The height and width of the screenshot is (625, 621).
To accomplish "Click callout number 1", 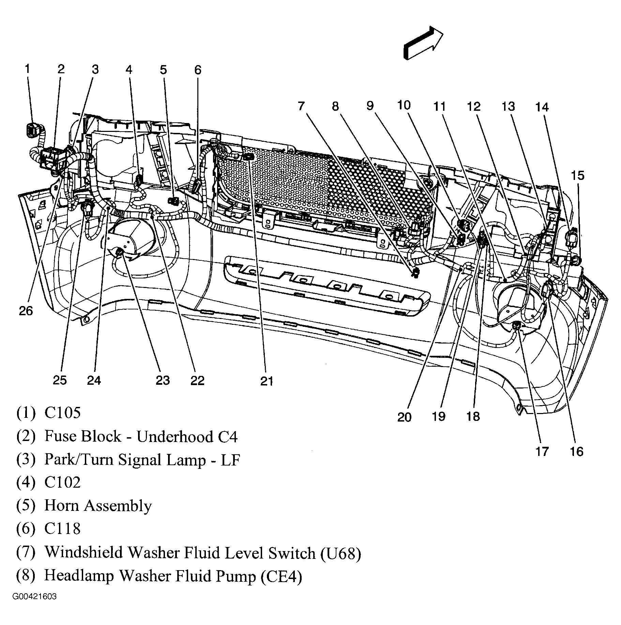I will pos(27,69).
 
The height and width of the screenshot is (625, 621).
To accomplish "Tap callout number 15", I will pos(578,176).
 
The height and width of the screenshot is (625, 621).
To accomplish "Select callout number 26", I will pos(26,311).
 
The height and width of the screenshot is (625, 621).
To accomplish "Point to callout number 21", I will pos(267,381).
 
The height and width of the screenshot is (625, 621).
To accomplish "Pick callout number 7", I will pos(300,106).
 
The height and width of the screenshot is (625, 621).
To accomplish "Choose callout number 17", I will pos(542,452).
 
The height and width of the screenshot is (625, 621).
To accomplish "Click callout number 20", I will pos(405,417).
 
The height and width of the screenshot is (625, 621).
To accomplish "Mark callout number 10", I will pos(404,105).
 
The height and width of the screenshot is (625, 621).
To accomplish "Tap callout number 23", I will pos(163,380).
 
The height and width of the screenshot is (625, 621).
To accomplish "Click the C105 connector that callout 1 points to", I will pos(33,130).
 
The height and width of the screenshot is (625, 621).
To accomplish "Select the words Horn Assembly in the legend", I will pos(98,506).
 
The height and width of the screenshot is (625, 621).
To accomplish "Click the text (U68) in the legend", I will pos(340,553).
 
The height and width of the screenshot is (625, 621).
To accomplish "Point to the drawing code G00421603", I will pos(34,606).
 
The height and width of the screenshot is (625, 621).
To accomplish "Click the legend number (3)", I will pos(26,459).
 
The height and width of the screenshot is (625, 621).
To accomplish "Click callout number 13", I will pos(508,107).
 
